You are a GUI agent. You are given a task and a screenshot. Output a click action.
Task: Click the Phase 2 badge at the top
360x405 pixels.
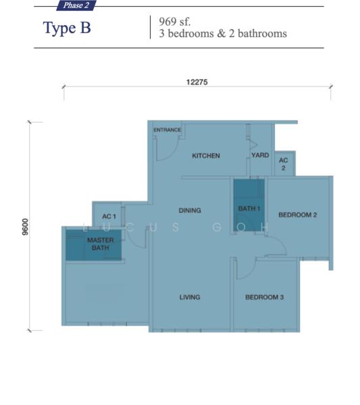(x=76, y=5)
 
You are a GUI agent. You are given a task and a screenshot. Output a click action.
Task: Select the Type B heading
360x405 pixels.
(x=67, y=28)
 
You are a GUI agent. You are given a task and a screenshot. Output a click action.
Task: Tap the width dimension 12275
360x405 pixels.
(x=197, y=82)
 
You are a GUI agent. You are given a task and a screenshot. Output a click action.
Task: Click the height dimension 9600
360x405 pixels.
(x=25, y=227)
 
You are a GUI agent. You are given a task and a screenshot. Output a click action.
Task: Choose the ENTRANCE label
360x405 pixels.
(x=167, y=130)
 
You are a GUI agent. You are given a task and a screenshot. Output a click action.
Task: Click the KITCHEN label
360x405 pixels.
(x=206, y=156)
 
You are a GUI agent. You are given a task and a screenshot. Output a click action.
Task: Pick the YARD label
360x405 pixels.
(x=260, y=155)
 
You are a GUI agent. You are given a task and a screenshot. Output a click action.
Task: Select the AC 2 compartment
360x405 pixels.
(x=284, y=164)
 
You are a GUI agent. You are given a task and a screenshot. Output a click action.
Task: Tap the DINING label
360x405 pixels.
(x=190, y=211)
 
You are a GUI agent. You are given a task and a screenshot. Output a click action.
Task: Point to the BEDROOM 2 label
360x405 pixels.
(x=298, y=215)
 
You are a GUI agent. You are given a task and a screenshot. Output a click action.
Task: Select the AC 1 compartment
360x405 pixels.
(x=109, y=215)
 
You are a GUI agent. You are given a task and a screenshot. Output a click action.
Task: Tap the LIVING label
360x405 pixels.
(x=190, y=297)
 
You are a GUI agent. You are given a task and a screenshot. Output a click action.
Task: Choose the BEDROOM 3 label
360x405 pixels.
(x=264, y=297)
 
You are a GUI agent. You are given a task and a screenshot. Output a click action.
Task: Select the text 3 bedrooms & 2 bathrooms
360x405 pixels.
(x=223, y=33)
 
